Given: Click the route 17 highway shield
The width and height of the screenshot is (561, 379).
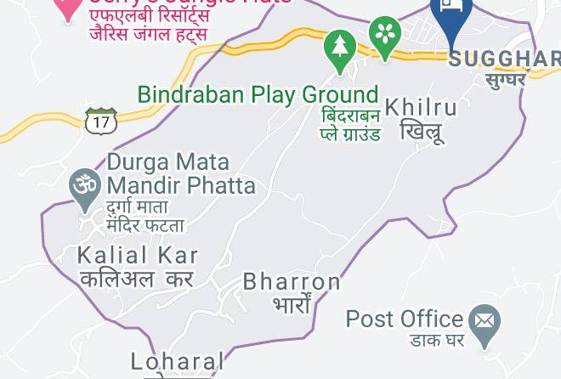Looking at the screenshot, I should point(100,121).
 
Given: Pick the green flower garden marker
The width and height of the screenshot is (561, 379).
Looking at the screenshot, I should point(385,37).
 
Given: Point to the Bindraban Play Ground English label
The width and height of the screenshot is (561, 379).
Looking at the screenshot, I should point(258,94).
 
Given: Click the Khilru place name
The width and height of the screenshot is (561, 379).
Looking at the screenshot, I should point(422,108).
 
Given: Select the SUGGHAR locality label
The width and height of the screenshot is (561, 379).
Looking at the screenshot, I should point(504,59).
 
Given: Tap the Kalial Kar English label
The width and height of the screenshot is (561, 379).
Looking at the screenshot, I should point(138,255).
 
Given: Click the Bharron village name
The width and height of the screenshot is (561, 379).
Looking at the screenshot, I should point(292,281).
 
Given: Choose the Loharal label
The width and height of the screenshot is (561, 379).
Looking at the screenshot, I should point(178,362).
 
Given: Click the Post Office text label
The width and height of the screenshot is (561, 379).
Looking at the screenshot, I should point(405,320).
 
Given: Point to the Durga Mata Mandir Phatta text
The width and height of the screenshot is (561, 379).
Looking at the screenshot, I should point(181,173).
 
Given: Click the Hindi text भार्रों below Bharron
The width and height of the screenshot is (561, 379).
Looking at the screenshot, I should point(292,303).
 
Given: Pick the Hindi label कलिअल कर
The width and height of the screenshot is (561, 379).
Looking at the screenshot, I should point(137,278).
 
